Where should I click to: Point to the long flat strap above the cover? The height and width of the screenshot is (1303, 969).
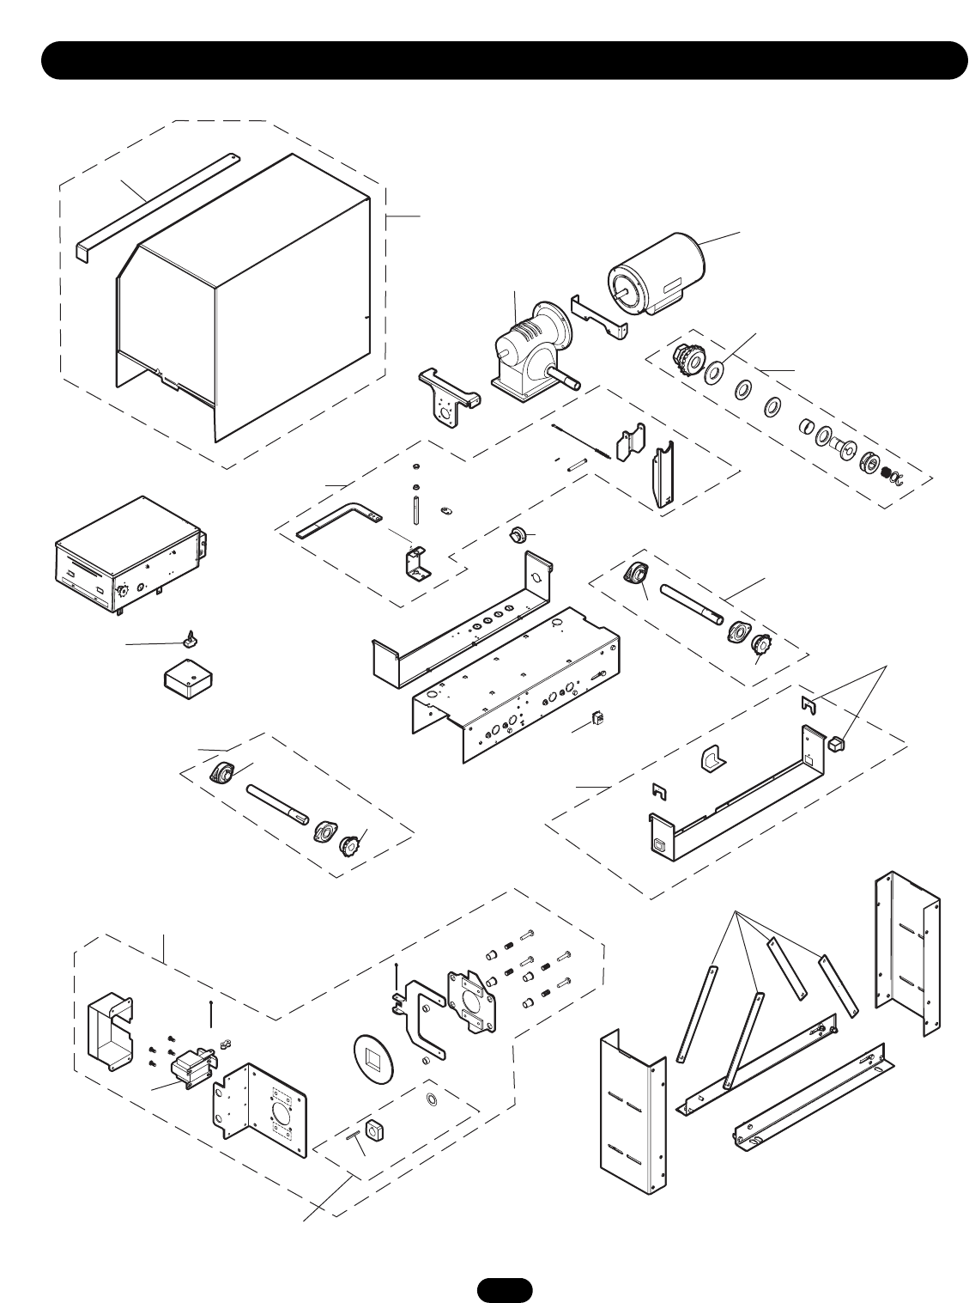click(159, 203)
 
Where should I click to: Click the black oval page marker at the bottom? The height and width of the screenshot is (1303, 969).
click(506, 1289)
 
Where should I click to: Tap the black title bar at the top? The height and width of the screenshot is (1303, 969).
click(506, 60)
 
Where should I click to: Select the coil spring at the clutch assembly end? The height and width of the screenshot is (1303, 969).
click(887, 472)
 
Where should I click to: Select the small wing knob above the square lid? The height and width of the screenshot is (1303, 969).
click(189, 638)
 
